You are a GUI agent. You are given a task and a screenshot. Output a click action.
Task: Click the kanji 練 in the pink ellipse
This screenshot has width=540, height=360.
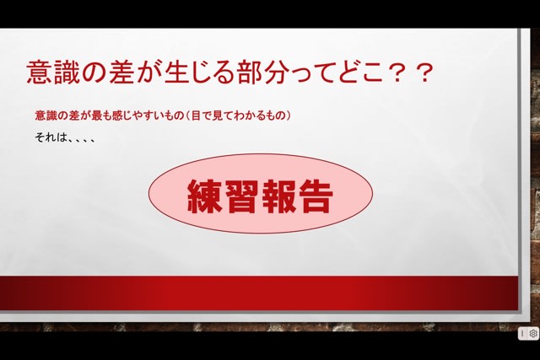204,196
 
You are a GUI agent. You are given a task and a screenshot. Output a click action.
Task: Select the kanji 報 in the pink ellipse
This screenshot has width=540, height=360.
278,196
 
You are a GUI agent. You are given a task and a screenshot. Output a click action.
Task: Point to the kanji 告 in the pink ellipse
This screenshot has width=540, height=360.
315,196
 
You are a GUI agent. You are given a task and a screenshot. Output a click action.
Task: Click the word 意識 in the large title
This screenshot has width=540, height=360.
53,73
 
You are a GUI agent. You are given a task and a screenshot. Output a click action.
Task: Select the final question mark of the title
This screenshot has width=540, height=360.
424,73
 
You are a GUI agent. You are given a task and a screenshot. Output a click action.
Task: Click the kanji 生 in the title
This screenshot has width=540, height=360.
176,73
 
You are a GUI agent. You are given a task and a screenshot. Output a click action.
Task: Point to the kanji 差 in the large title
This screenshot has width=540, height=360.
121,73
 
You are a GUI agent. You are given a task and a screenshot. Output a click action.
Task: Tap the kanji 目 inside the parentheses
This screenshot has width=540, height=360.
196,116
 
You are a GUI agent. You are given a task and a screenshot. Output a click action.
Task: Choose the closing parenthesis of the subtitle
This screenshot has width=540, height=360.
288,116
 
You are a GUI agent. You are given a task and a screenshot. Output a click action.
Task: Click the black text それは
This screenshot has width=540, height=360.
51,137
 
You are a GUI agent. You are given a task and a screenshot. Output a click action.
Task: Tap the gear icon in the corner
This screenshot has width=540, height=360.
533,334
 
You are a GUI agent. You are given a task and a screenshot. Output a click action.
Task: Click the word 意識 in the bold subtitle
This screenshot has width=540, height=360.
46,116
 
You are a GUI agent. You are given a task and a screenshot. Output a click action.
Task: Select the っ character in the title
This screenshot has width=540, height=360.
302,76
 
